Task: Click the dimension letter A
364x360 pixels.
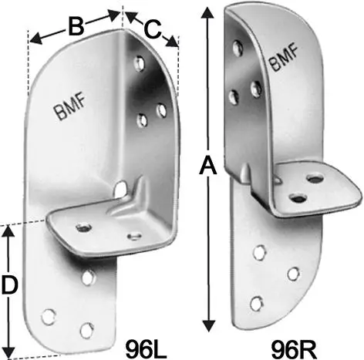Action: coord(207,167)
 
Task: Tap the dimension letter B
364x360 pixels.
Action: coord(76,27)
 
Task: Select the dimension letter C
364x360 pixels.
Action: coord(152,29)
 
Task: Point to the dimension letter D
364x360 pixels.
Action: coord(9,284)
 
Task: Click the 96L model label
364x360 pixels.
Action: coord(146,349)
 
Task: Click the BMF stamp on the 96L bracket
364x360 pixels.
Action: coord(69,107)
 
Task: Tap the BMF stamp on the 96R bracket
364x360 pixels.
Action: coord(284,58)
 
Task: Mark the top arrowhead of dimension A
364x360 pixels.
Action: coord(207,12)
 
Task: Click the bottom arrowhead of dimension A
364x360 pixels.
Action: coord(208,326)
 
